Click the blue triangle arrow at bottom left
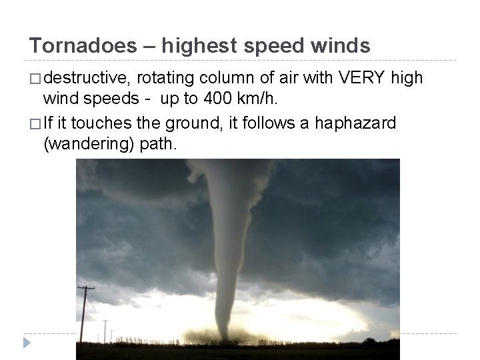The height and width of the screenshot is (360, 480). click(27, 343)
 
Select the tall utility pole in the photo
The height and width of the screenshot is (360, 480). click(86, 313)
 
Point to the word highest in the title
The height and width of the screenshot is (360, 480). click(198, 45)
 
